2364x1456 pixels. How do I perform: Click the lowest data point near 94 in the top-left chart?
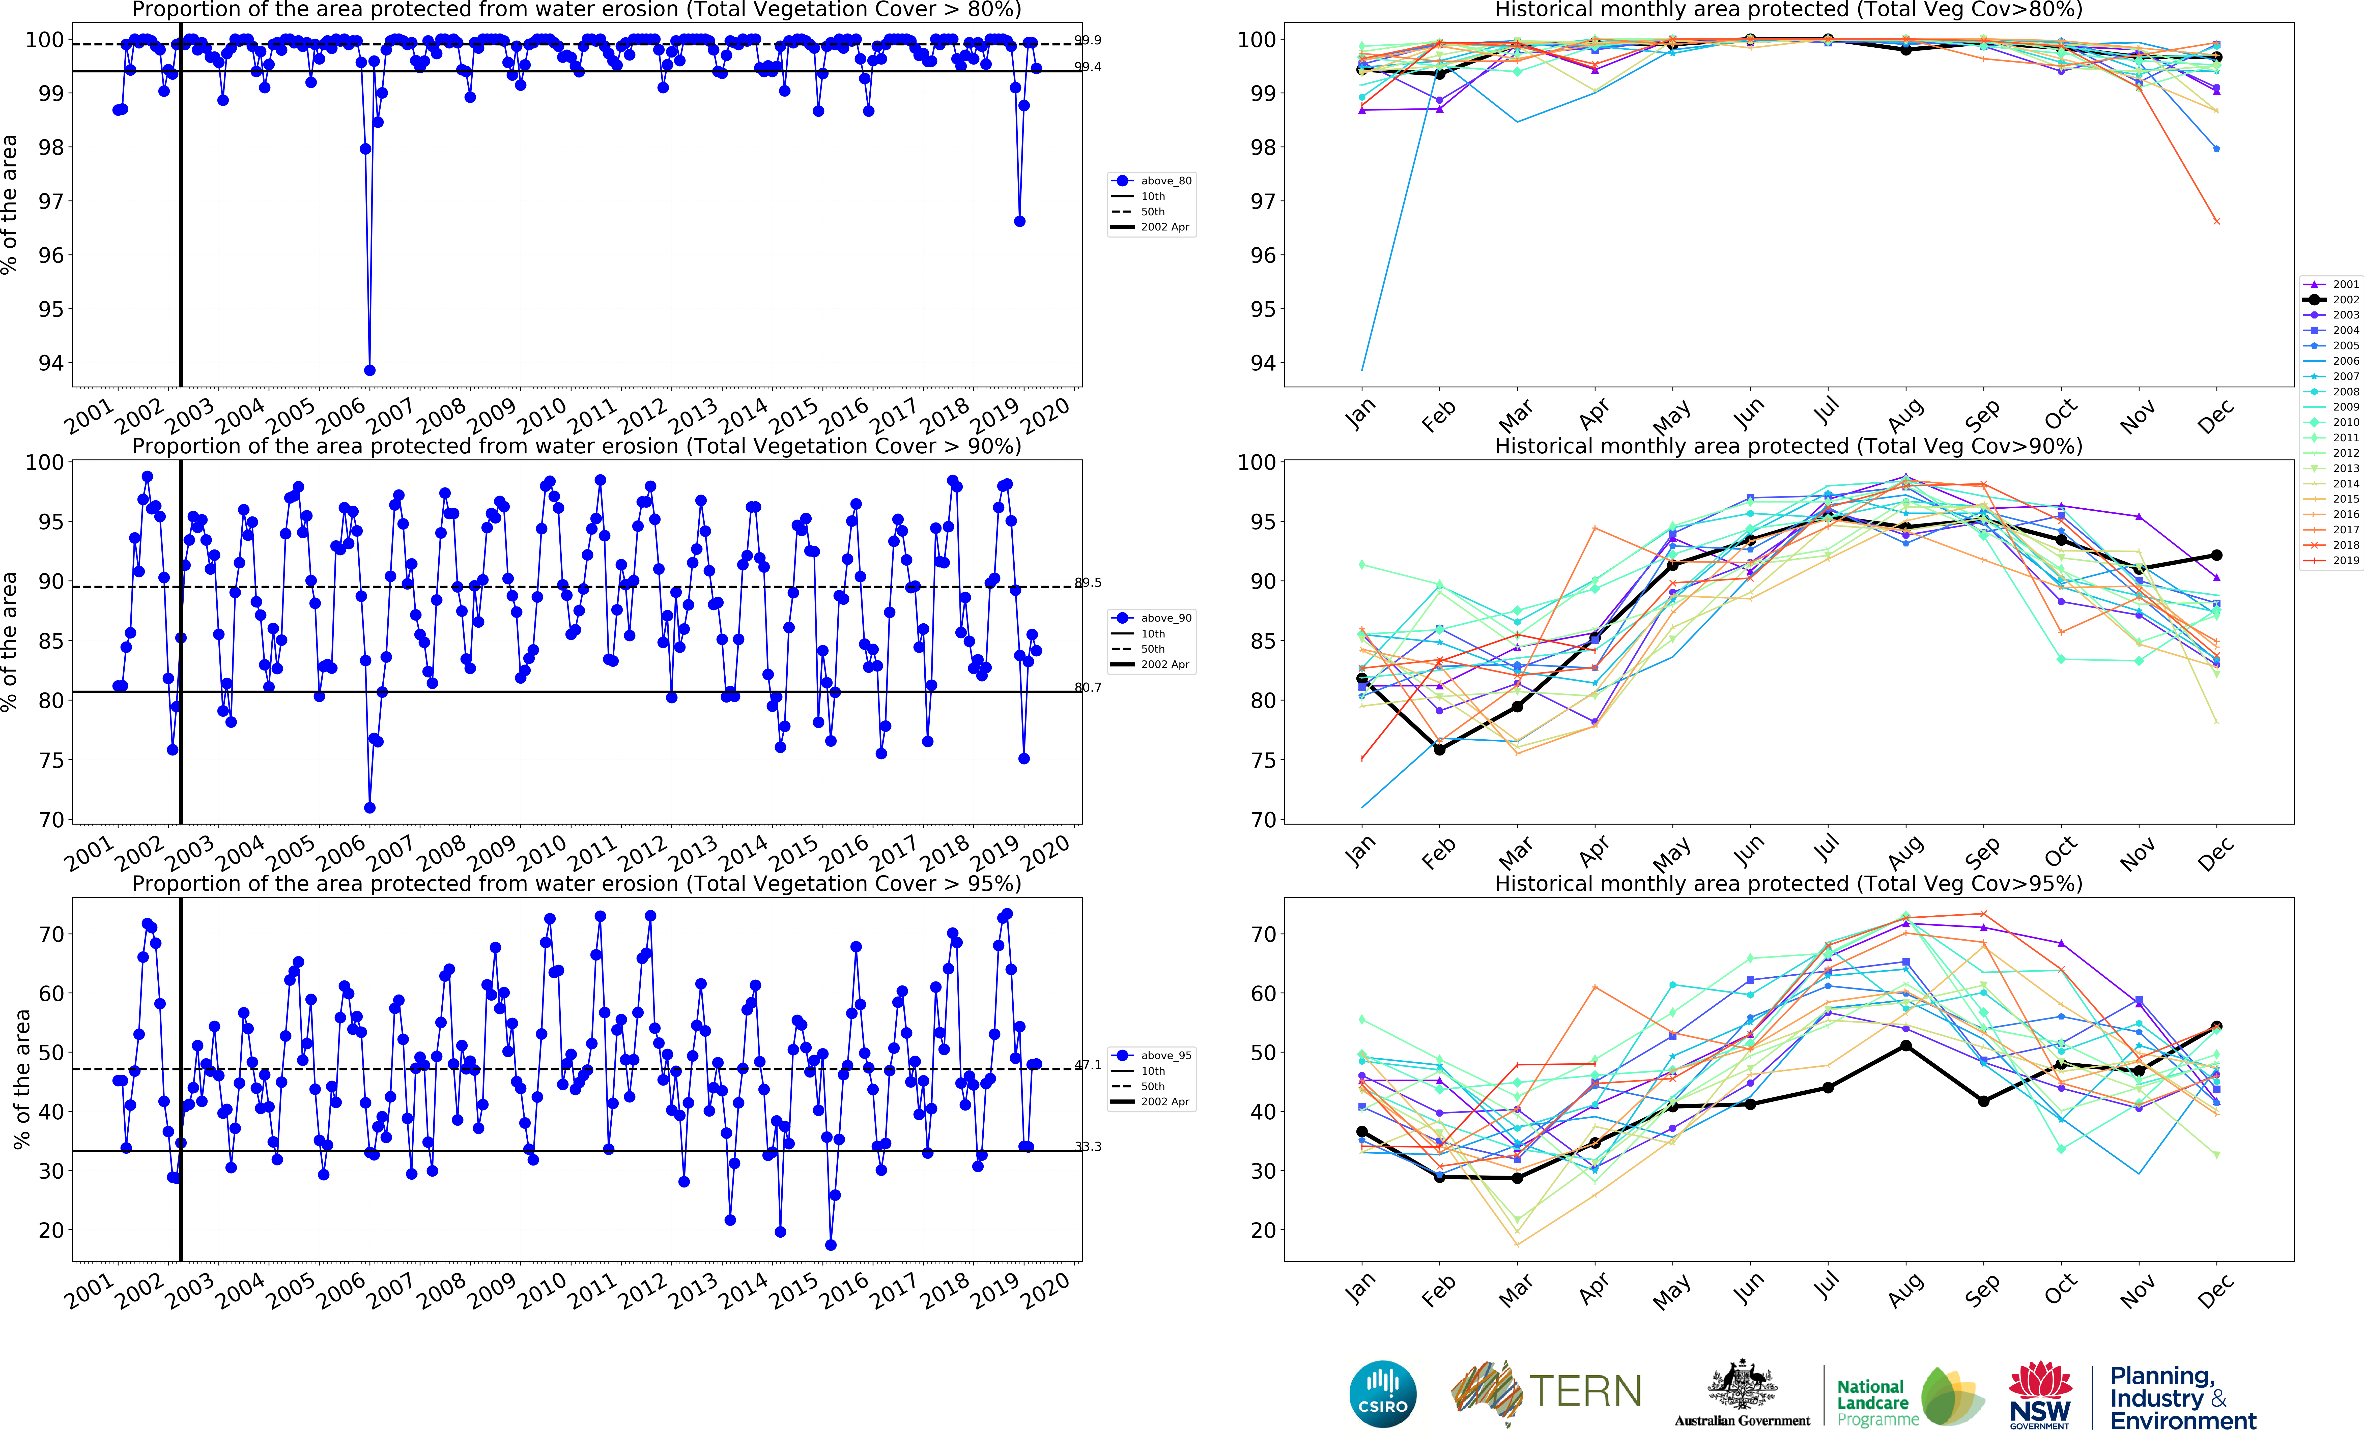coord(370,370)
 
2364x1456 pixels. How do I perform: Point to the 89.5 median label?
coord(1088,583)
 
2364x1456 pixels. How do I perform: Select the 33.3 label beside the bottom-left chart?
coord(1088,1147)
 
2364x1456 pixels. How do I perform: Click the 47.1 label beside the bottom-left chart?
coord(1088,1065)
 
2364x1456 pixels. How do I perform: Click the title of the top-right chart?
coord(1788,10)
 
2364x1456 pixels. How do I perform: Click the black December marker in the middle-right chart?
coord(2217,556)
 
